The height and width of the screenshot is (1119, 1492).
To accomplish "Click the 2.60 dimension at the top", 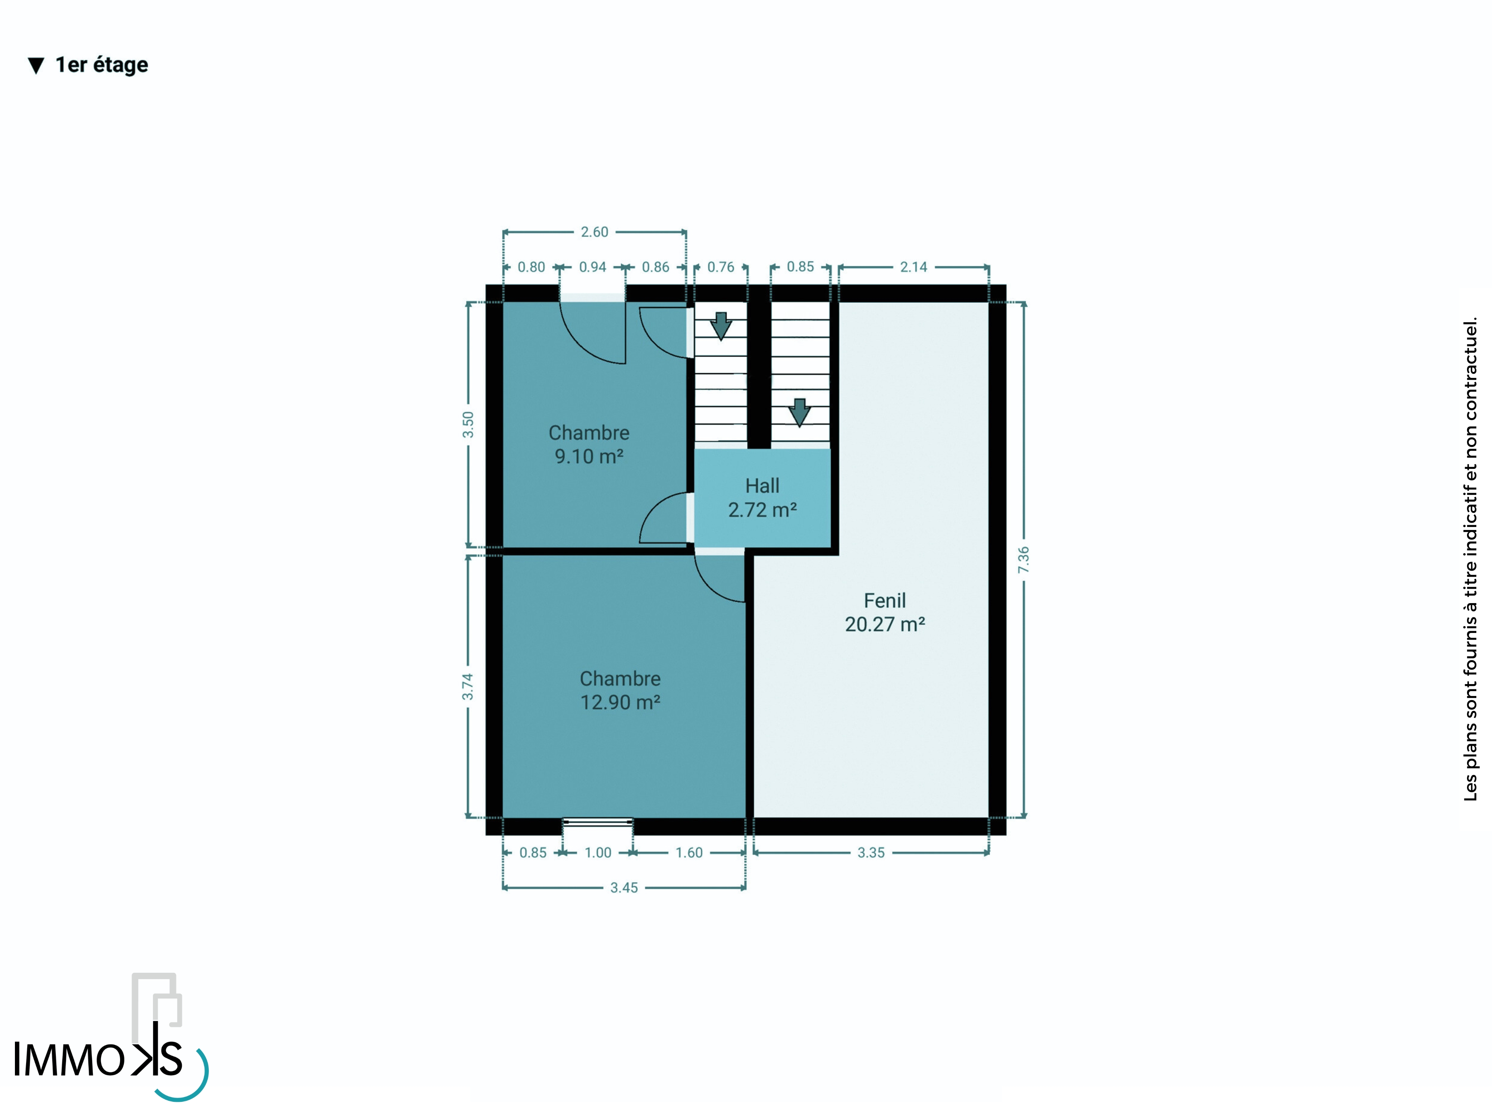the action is click(x=594, y=232).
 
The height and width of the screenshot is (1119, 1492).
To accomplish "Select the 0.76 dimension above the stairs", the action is click(x=720, y=267).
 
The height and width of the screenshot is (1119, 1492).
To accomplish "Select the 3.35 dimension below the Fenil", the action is click(x=871, y=853).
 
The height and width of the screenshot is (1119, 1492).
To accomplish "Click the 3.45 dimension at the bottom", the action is click(x=624, y=888).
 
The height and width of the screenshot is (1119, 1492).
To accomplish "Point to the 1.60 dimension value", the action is click(x=689, y=853).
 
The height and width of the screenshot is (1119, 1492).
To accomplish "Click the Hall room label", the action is click(x=762, y=486).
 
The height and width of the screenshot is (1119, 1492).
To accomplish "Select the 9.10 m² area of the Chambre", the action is click(x=589, y=457).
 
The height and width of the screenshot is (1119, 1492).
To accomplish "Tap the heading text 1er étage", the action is click(x=102, y=65).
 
